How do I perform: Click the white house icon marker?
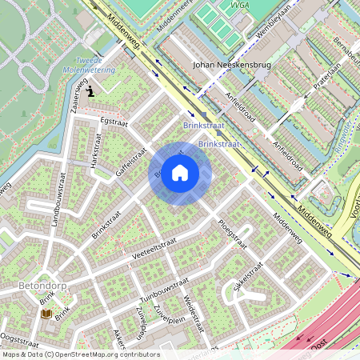tap(180, 173)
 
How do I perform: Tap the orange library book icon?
tap(46, 314)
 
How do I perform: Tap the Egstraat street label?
tap(114, 121)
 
